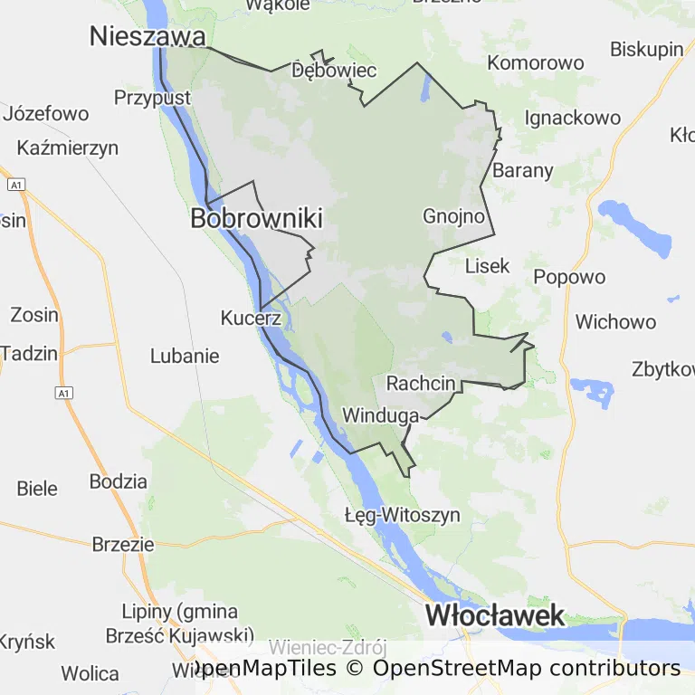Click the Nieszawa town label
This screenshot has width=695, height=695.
click(148, 36)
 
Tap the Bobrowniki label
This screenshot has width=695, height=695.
click(256, 219)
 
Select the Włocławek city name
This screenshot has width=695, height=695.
click(495, 616)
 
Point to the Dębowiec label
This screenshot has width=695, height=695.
click(334, 71)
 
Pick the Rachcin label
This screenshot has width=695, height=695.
click(421, 383)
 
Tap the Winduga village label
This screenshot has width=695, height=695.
click(380, 415)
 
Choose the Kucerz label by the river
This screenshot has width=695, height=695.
click(252, 318)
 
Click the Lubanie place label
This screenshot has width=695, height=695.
click(185, 356)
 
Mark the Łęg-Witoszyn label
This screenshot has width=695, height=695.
click(403, 515)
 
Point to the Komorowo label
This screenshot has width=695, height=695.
click(536, 62)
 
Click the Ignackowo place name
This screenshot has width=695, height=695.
click(573, 118)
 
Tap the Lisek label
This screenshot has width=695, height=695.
click(487, 266)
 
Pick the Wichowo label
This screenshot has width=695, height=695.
click(615, 322)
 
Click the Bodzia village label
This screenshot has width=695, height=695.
click(118, 481)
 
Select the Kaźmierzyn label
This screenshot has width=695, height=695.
click(67, 148)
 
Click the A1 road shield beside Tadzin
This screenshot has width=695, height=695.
click(62, 393)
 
